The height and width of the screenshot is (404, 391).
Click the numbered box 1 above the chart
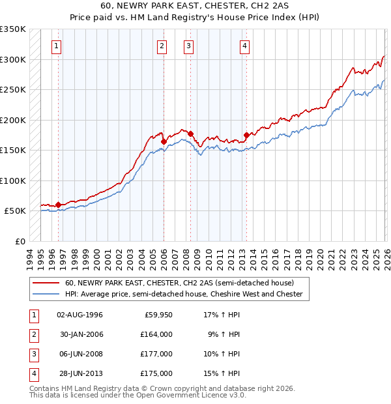(58, 46)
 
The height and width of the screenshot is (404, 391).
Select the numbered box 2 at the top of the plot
(161, 46)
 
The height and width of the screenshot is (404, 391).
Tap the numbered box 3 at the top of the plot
(188, 46)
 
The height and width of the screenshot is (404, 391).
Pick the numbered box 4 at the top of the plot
(244, 46)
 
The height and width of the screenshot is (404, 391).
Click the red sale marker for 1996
(58, 205)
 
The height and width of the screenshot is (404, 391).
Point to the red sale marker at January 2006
(164, 141)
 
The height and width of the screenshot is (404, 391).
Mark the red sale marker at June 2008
(191, 134)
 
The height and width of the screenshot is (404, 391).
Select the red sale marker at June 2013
(246, 136)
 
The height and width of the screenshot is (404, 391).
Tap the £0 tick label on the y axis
(20, 241)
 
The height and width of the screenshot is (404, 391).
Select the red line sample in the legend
(46, 283)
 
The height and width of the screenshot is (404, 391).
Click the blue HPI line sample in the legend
(46, 294)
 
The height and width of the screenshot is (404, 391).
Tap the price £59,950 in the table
(158, 315)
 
